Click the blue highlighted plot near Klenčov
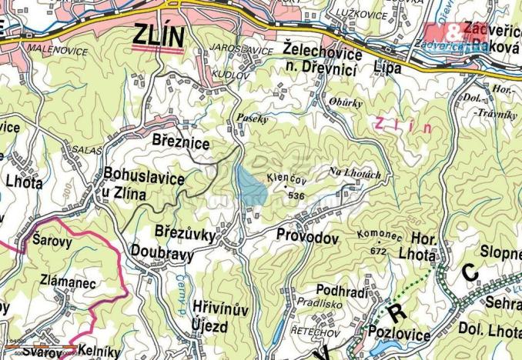tap(250, 187)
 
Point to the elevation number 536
tap(294, 196)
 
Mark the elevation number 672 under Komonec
tap(378, 251)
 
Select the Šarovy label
tap(53, 239)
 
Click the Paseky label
tap(253, 120)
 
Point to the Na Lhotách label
tap(355, 175)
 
